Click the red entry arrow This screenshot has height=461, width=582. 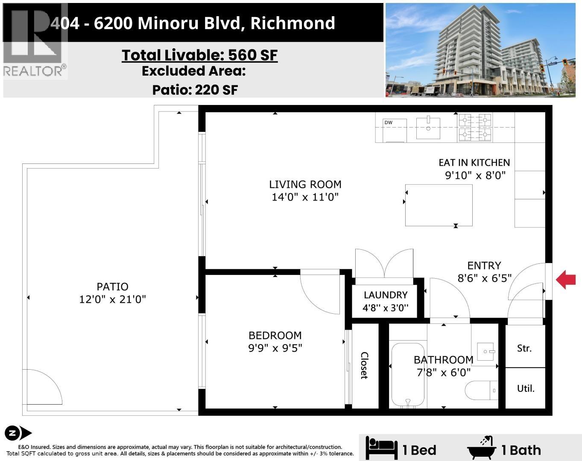(x=566, y=280)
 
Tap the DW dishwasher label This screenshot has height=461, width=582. (x=388, y=123)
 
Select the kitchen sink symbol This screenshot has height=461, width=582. (x=428, y=128)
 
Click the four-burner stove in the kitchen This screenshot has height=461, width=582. (x=474, y=127)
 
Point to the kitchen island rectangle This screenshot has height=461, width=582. (x=439, y=205)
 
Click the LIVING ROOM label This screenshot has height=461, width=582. (x=305, y=184)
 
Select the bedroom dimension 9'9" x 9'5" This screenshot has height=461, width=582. (x=275, y=348)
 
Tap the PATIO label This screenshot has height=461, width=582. (x=112, y=287)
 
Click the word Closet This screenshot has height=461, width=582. (x=364, y=365)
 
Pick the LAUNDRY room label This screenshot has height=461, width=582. (x=386, y=295)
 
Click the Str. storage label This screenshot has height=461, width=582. (x=524, y=348)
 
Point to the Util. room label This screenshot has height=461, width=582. (x=526, y=389)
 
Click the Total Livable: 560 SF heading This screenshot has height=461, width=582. (x=199, y=55)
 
